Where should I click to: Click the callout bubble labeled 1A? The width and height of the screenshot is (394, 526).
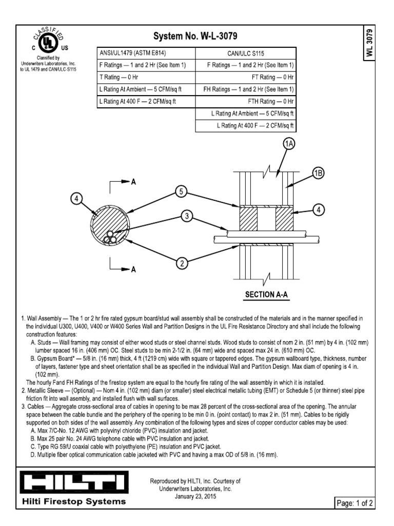(x=289, y=145)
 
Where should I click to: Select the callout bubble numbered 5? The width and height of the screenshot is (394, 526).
(x=180, y=191)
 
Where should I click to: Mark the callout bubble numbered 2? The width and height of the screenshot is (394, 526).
(x=181, y=264)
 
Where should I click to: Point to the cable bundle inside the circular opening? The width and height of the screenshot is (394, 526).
(x=110, y=237)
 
